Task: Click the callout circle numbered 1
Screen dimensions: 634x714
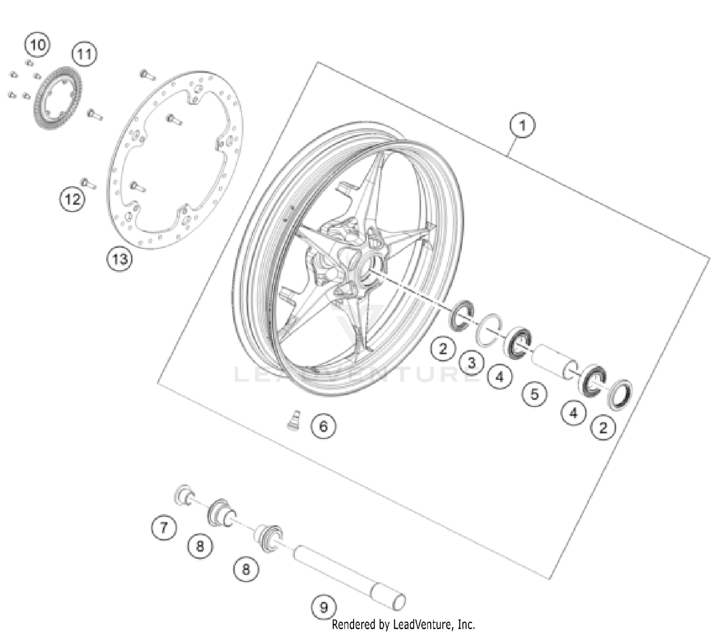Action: pyautogui.click(x=522, y=125)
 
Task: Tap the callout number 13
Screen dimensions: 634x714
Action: pyautogui.click(x=119, y=259)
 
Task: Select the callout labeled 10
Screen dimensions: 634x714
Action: pyautogui.click(x=37, y=45)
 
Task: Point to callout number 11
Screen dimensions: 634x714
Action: pyautogui.click(x=84, y=54)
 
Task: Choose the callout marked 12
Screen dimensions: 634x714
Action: pyautogui.click(x=72, y=199)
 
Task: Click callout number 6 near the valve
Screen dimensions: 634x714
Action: pyautogui.click(x=323, y=426)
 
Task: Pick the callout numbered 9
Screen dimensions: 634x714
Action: pyautogui.click(x=323, y=607)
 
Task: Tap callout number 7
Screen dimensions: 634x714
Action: pyautogui.click(x=164, y=527)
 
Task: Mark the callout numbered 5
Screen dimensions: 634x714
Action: pyautogui.click(x=535, y=394)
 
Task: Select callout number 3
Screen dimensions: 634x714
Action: pyautogui.click(x=471, y=363)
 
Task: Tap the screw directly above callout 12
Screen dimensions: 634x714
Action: pyautogui.click(x=89, y=183)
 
